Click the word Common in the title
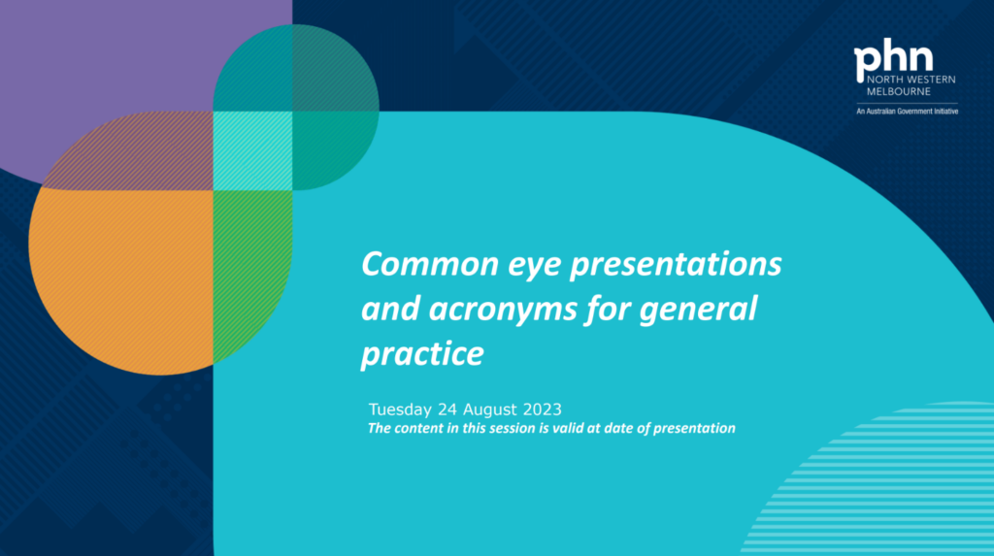coord(430,264)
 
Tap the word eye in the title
coord(535,266)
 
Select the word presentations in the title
coord(676,265)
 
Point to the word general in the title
coord(698,310)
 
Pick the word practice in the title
coord(422,354)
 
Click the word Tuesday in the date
coord(400,409)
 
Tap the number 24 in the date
coord(447,409)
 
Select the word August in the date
coord(490,410)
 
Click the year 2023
coord(542,409)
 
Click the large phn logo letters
coord(893,58)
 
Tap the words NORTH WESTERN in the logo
coord(911,80)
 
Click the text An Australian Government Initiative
coord(908,112)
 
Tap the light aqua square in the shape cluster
coord(252,151)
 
